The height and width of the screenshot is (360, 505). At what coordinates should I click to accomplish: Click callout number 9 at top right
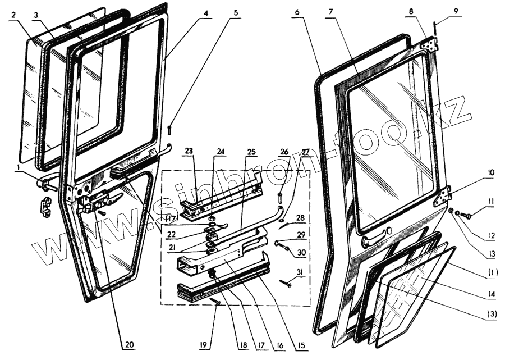tap(456, 11)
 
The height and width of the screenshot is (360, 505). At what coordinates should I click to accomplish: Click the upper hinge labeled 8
tap(430, 44)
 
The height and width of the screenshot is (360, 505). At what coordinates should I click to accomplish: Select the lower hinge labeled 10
tap(444, 196)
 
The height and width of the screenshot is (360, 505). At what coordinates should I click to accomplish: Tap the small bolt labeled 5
tap(169, 130)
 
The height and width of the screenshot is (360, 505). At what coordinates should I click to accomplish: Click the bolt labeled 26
tap(279, 197)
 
